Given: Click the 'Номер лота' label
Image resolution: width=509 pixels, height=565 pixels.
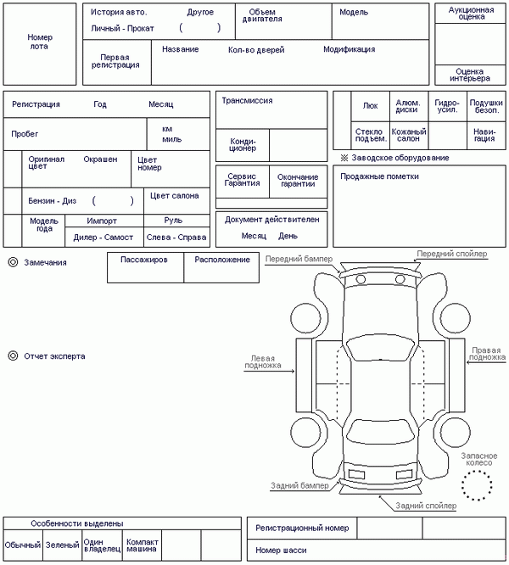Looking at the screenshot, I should point(40,42).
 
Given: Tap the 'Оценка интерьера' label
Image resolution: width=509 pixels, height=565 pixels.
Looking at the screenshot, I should point(471,76).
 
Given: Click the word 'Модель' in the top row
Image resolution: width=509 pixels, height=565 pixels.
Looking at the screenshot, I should point(354,13).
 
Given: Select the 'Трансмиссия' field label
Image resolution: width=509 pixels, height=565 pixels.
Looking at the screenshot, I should point(247,100).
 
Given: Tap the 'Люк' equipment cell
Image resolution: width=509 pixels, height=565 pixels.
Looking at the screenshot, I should point(370,106).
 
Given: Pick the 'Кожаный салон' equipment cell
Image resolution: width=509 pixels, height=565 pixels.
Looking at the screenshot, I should point(408,135).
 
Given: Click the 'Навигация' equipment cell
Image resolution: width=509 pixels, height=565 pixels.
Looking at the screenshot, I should point(484,135).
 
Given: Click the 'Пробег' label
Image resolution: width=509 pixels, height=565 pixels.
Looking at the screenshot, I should point(25,134).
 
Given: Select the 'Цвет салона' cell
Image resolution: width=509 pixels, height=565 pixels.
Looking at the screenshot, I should point(174,196).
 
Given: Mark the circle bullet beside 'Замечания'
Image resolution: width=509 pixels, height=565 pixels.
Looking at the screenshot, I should point(13,263).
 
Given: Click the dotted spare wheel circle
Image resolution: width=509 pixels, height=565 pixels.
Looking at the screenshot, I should point(477,485).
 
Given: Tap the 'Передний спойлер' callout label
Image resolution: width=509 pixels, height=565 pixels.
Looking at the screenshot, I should point(451,254).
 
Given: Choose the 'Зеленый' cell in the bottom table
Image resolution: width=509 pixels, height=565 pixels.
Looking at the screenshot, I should point(62,545).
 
